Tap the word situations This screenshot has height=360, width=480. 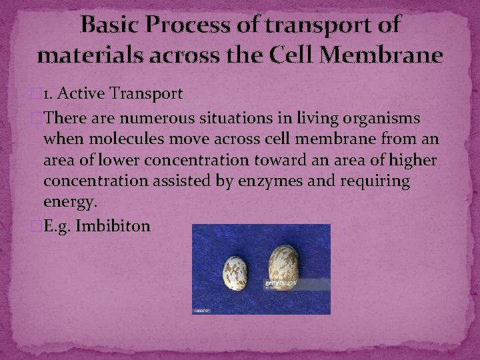click(x=221, y=118)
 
